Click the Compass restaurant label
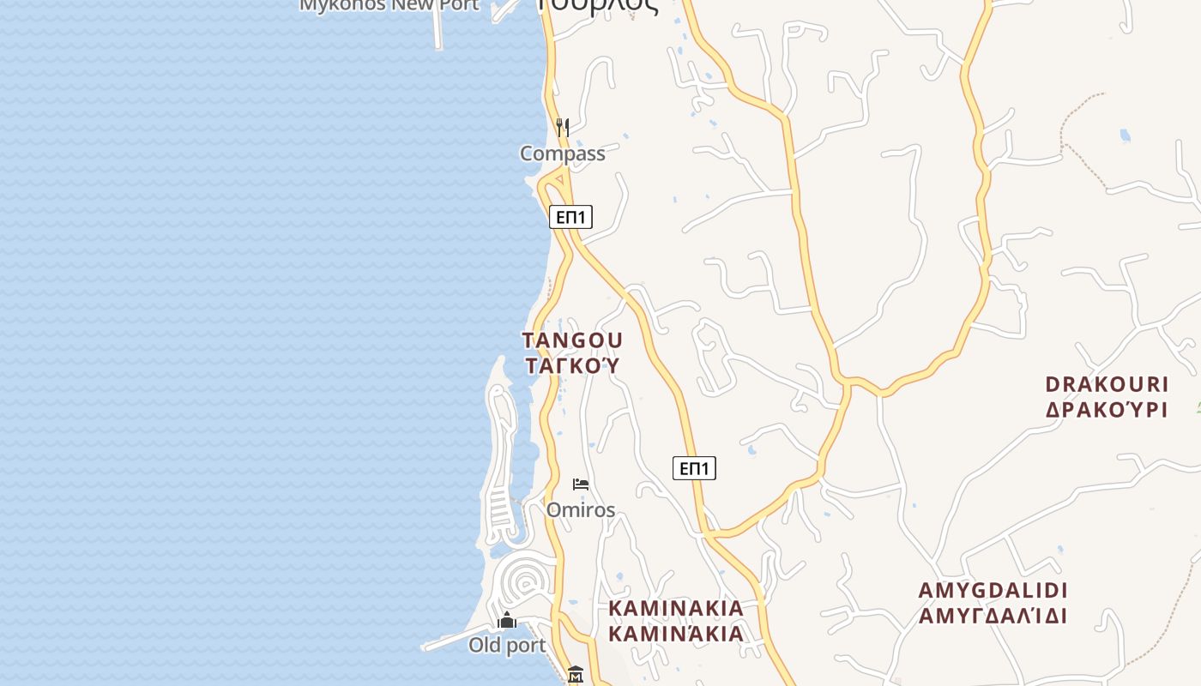[562, 153]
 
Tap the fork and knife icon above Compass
[562, 128]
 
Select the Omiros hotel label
[581, 510]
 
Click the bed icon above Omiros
[581, 484]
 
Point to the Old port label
[507, 645]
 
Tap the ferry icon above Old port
[507, 619]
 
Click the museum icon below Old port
[576, 675]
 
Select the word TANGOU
[572, 340]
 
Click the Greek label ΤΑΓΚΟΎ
[572, 365]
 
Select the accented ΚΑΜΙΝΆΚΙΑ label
[676, 634]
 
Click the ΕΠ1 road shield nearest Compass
[570, 217]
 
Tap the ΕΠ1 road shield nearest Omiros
[694, 468]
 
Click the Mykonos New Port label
[389, 5]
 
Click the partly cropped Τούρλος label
[598, 5]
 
